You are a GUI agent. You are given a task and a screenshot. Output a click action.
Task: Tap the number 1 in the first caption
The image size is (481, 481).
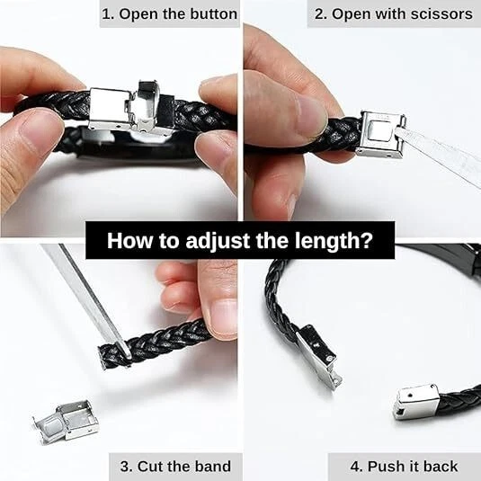[106, 14]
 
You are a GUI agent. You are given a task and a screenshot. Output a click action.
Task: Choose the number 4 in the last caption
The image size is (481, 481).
[356, 467]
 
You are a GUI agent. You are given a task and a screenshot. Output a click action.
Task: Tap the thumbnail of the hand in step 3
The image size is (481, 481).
[223, 318]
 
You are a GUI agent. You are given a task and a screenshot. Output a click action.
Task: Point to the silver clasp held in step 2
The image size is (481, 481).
[380, 135]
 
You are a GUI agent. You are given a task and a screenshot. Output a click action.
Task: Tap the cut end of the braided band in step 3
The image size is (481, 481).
[104, 357]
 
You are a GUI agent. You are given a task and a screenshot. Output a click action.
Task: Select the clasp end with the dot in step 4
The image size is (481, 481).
[416, 401]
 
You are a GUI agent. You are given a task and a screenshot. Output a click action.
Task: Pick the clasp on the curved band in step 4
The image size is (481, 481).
[319, 356]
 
